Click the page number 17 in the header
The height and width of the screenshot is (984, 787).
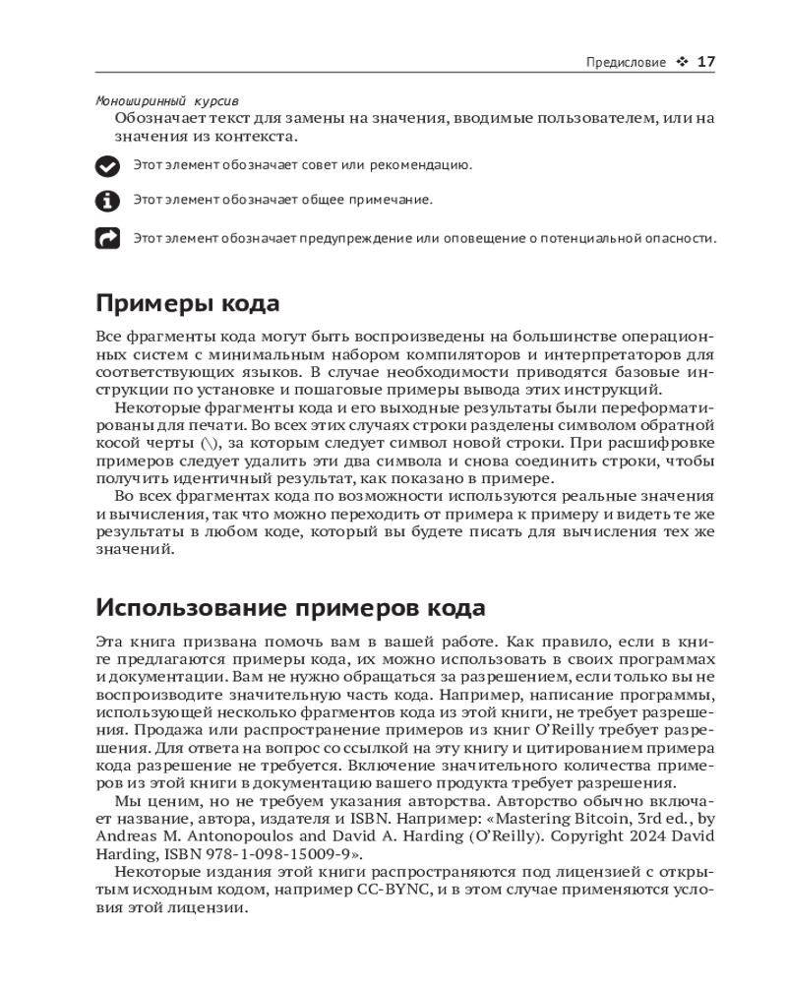click(x=705, y=62)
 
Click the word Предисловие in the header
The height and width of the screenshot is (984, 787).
click(x=626, y=63)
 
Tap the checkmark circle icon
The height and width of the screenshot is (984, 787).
click(x=106, y=165)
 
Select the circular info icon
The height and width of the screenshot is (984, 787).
click(x=106, y=201)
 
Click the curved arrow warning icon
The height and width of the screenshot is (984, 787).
click(x=106, y=238)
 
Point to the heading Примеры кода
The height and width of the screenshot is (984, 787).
click(x=188, y=303)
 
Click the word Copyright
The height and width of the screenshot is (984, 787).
click(x=561, y=833)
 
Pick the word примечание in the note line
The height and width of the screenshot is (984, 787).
click(x=387, y=201)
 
